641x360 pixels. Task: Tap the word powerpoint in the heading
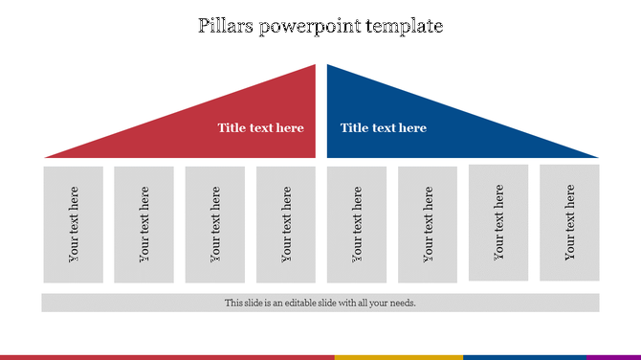click(307, 27)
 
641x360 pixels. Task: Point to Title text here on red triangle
click(260, 128)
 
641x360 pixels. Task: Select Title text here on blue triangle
click(383, 128)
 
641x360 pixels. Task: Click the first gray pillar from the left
click(74, 224)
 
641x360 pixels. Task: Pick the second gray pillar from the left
click(144, 224)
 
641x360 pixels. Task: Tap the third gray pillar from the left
click(215, 224)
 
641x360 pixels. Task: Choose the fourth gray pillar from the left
click(286, 224)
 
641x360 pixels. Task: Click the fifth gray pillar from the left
click(357, 224)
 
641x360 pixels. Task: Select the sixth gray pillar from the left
click(428, 224)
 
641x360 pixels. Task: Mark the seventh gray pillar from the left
click(498, 222)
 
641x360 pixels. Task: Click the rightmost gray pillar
click(569, 222)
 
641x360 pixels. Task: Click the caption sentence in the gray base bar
click(320, 303)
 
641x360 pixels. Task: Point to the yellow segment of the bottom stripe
click(399, 357)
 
